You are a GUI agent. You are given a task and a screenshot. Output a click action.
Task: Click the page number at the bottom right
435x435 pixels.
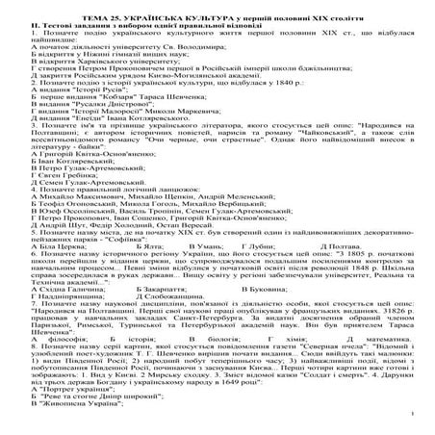tap(420, 427)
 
